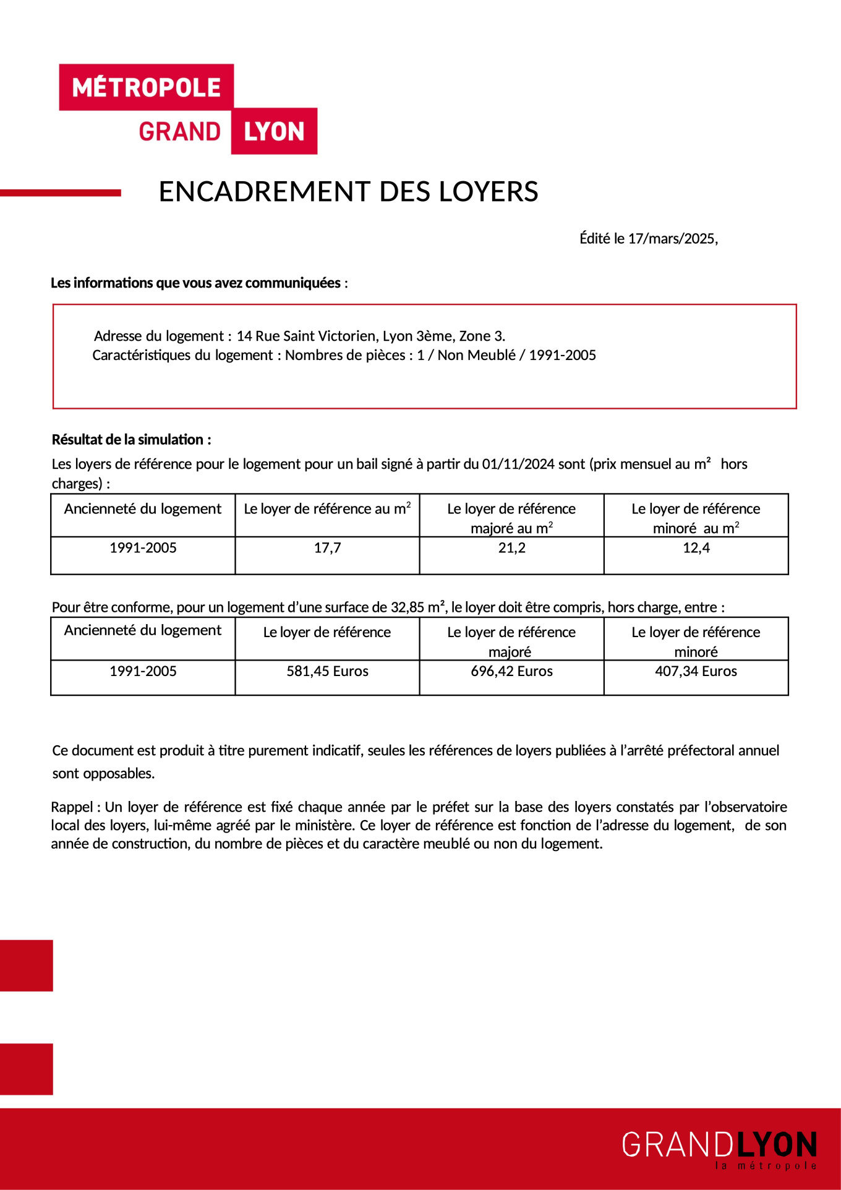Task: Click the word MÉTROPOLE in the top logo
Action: tap(147, 88)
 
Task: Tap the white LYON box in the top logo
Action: tap(274, 132)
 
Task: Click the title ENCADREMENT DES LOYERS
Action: tap(348, 192)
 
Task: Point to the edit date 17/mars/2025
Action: tap(672, 239)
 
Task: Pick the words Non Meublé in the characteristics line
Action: tap(476, 355)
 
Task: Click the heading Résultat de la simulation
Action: tap(131, 440)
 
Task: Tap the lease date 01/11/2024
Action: tap(518, 464)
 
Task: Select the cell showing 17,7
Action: tap(327, 548)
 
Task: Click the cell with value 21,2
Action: tap(511, 548)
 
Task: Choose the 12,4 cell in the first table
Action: tap(696, 548)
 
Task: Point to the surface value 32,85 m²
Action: tap(417, 607)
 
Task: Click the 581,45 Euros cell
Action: tap(327, 671)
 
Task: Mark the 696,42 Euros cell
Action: tap(511, 671)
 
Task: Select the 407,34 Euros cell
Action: tap(696, 671)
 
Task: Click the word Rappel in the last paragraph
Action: tap(72, 807)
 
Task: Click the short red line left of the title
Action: tap(61, 193)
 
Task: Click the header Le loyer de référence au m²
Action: tap(327, 509)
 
